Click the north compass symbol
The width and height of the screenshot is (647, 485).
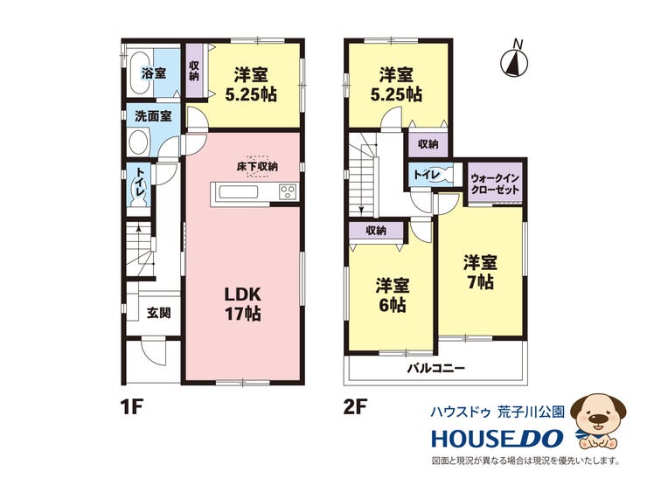(x=514, y=61)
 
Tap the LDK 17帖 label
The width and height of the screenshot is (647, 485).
(x=243, y=304)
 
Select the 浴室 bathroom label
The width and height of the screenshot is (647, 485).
(x=154, y=73)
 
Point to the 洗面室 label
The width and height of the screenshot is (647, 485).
(x=153, y=116)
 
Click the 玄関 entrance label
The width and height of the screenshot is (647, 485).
(x=159, y=313)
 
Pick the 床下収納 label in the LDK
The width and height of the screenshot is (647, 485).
(x=257, y=167)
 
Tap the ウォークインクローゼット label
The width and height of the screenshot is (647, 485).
(x=495, y=184)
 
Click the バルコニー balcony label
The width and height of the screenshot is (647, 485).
(x=436, y=368)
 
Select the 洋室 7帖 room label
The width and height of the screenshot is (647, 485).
(x=480, y=273)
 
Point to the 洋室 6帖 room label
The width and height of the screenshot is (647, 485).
(x=392, y=295)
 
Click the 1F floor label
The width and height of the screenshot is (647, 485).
(x=132, y=407)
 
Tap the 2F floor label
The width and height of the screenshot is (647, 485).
(x=355, y=407)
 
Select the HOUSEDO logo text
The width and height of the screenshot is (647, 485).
(x=497, y=439)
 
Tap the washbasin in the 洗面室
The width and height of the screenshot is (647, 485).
(x=138, y=142)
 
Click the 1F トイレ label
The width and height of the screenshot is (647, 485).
(x=140, y=184)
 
